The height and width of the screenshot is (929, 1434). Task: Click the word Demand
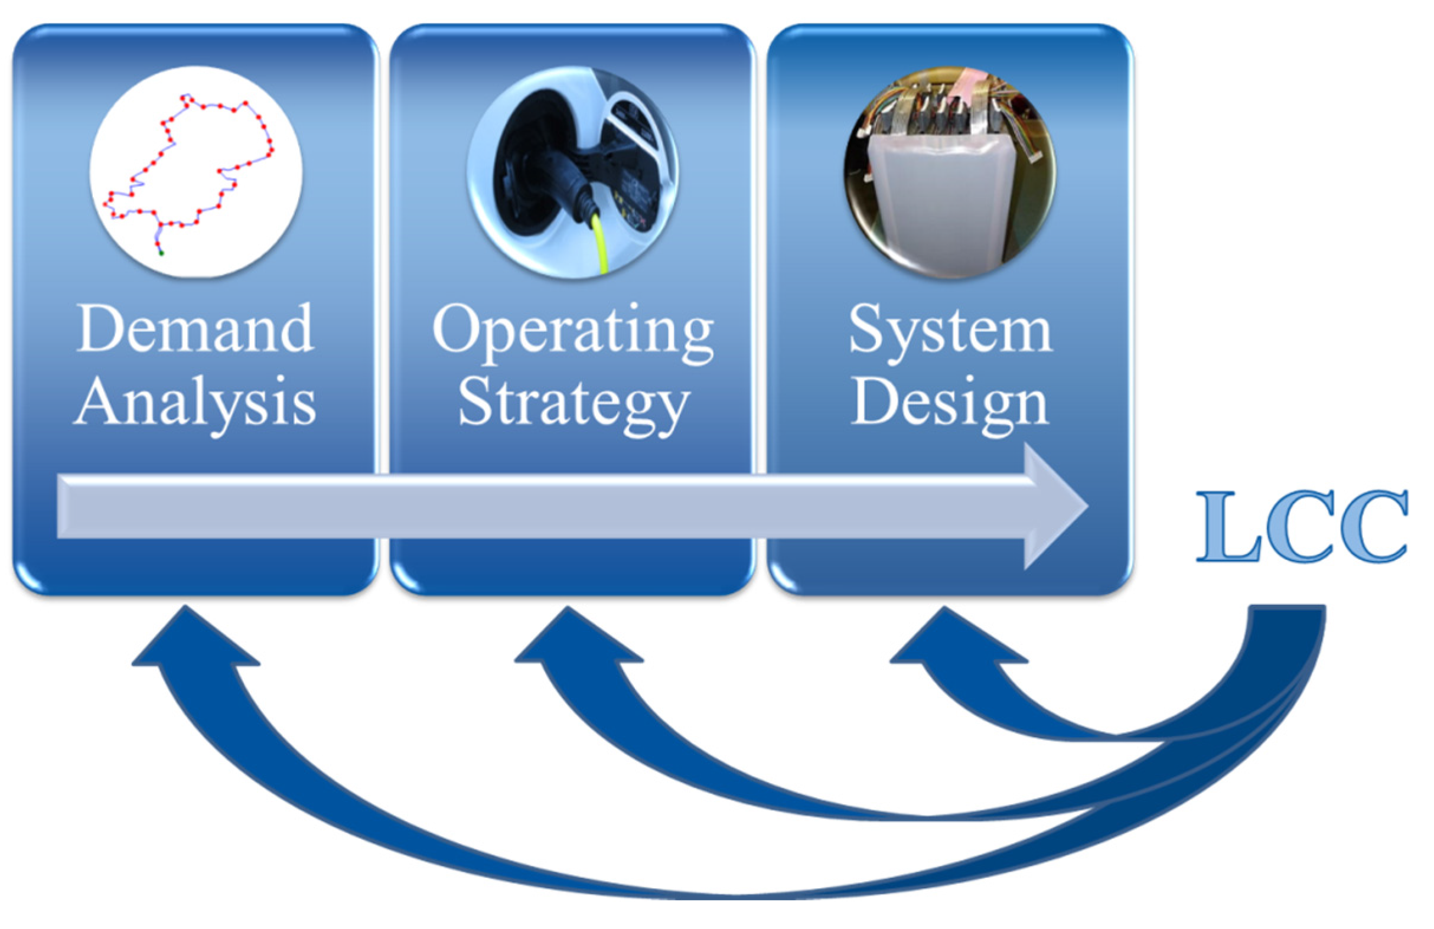tap(195, 329)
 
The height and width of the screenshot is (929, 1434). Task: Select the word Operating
tap(573, 331)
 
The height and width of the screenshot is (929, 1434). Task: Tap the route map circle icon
tap(196, 172)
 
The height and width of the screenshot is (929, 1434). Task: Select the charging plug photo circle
tap(573, 172)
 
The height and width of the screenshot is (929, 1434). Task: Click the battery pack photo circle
tap(950, 172)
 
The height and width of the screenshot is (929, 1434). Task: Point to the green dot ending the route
tap(161, 253)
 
